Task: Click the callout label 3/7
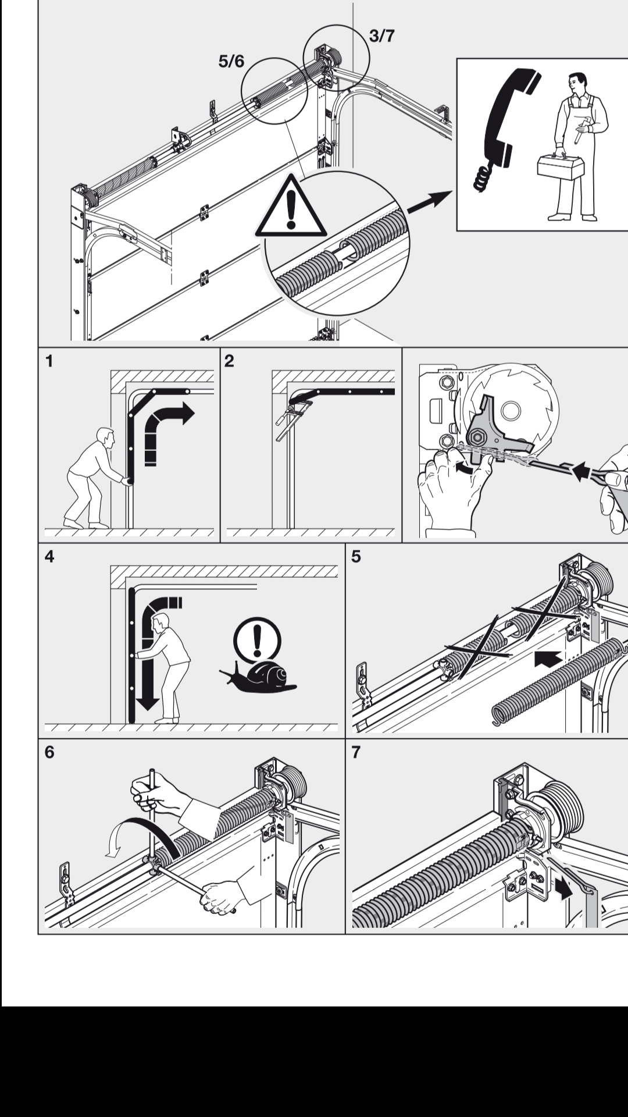pyautogui.click(x=381, y=36)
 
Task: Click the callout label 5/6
pyautogui.click(x=231, y=61)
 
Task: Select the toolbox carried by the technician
pyautogui.click(x=561, y=167)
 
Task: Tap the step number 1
pyautogui.click(x=49, y=361)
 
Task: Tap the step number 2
pyautogui.click(x=229, y=361)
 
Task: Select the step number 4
pyautogui.click(x=49, y=557)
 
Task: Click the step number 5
pyautogui.click(x=356, y=557)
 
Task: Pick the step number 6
pyautogui.click(x=49, y=752)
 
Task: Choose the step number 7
pyautogui.click(x=356, y=752)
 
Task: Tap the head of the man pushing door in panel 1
pyautogui.click(x=105, y=436)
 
